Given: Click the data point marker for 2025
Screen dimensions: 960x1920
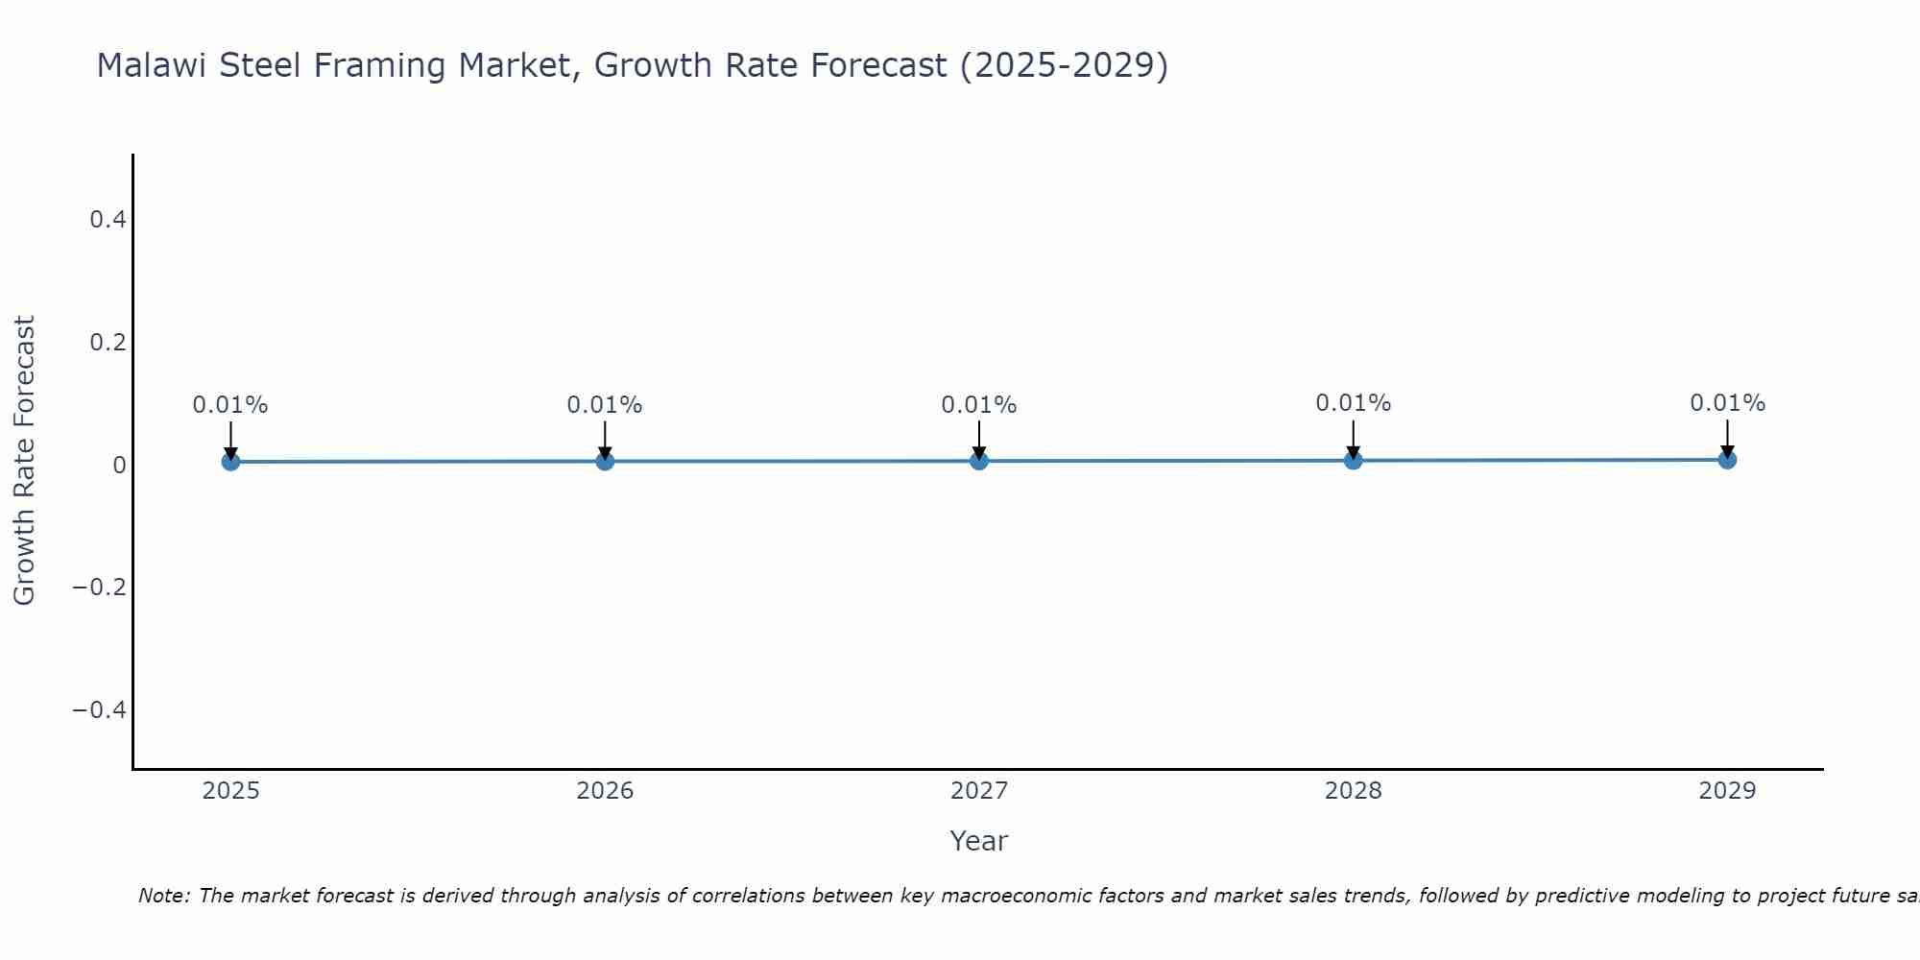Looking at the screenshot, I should click(x=230, y=462).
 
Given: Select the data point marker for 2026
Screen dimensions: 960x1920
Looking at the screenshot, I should click(x=605, y=461).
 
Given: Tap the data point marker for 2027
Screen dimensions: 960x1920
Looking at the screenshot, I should click(x=979, y=461).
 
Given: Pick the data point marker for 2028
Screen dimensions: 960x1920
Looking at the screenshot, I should click(x=1353, y=460).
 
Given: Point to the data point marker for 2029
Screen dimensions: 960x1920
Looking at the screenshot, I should click(x=1727, y=460).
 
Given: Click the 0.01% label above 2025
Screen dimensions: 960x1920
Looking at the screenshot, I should click(x=230, y=405).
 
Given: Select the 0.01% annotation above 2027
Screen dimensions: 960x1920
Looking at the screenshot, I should click(x=979, y=405).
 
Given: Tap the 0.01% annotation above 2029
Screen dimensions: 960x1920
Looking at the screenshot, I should click(x=1727, y=403).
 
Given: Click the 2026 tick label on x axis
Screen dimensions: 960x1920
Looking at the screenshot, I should click(x=605, y=791).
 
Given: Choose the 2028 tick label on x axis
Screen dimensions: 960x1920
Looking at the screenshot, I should click(x=1353, y=791).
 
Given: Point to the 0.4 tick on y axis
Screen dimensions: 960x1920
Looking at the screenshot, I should click(x=108, y=220).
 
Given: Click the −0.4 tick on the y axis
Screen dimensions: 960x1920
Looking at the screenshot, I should click(x=100, y=709).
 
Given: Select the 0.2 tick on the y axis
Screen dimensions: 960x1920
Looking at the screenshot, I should click(x=108, y=342).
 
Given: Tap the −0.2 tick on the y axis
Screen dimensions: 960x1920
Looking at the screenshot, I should click(x=100, y=587).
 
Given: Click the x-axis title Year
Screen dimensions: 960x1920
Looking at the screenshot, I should click(x=978, y=841).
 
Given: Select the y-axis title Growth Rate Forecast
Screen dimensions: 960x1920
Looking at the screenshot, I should click(x=24, y=461).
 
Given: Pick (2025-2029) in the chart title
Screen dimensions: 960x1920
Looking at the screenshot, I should click(x=1064, y=66).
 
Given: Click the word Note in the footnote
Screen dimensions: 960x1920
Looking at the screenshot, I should click(x=163, y=896).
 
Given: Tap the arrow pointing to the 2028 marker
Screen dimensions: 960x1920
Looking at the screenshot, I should click(x=1353, y=439).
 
